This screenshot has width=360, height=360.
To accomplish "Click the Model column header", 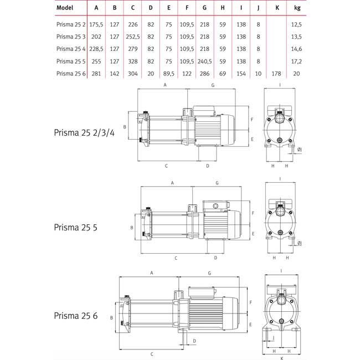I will pos(65,8).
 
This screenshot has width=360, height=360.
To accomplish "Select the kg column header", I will pos(343,8).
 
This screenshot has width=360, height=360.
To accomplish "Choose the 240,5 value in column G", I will pos(205,61).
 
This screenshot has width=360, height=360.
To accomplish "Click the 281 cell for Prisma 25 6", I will pos(96,73).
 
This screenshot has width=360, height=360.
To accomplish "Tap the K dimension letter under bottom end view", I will pos(281,358).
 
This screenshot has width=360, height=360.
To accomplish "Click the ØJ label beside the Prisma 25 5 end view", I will pos(300,244).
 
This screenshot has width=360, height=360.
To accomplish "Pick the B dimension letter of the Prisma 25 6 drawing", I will pos(111,318).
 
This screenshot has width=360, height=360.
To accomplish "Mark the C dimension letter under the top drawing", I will pos(166,165).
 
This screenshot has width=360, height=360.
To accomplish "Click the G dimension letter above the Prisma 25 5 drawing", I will pos(217,182).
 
